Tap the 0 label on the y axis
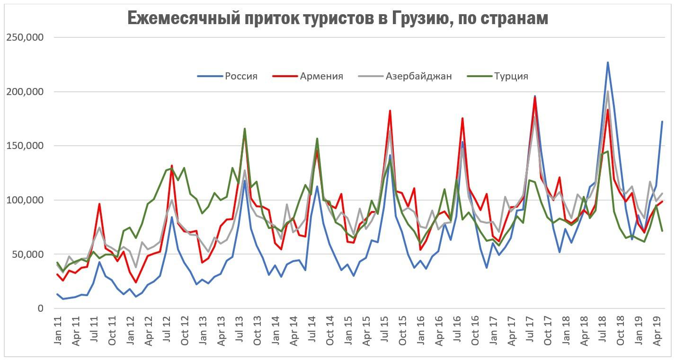click(40, 308)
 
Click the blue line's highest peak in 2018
click(608, 62)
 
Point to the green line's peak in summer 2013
click(245, 129)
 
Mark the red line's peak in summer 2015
click(390, 111)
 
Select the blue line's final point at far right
click(662, 122)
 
